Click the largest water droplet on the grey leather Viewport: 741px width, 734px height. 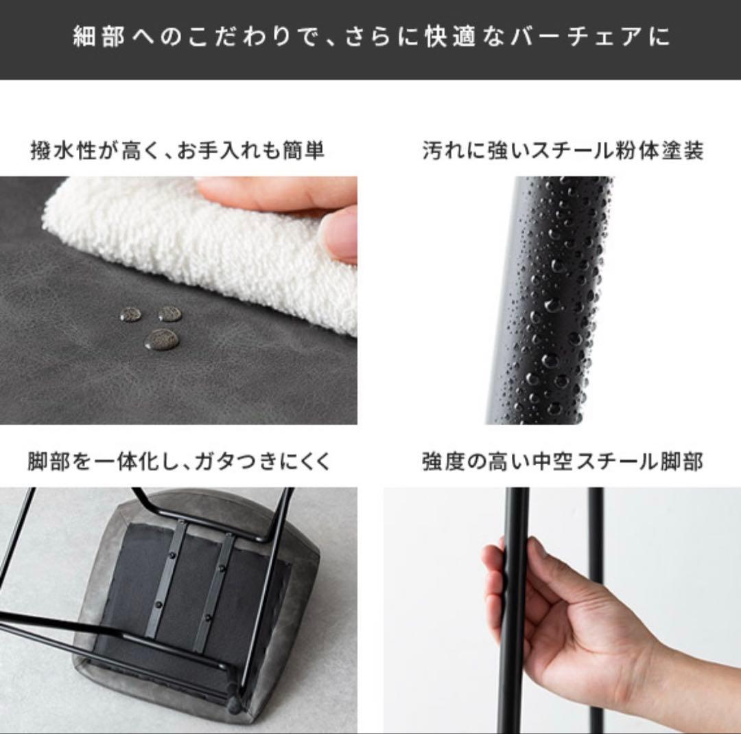(x=162, y=340)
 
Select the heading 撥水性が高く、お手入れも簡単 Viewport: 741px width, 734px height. (x=177, y=151)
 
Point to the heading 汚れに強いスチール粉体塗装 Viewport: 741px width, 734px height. (x=563, y=151)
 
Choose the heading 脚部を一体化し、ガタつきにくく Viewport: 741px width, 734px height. (x=178, y=462)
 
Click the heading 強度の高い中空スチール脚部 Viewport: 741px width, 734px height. (x=563, y=462)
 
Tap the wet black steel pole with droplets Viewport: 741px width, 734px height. (x=551, y=300)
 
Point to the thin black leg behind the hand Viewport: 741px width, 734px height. (x=596, y=610)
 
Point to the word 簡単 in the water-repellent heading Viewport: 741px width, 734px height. (x=303, y=151)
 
